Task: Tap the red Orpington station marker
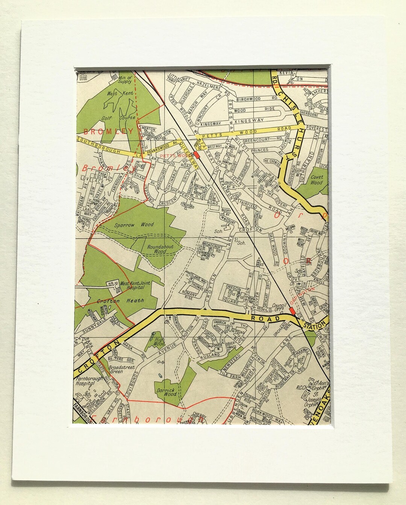coord(291,311)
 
